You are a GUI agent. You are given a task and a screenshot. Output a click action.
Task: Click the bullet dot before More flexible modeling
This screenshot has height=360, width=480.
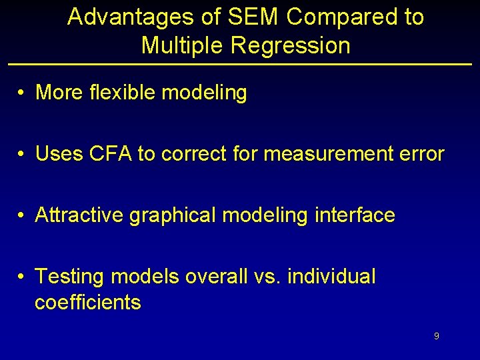(x=23, y=93)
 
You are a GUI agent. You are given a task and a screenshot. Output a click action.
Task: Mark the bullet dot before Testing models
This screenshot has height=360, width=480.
(x=23, y=277)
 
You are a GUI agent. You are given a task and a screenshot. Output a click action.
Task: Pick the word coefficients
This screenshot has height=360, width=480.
(x=87, y=303)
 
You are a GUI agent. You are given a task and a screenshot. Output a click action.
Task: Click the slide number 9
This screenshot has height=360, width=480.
(x=436, y=337)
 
